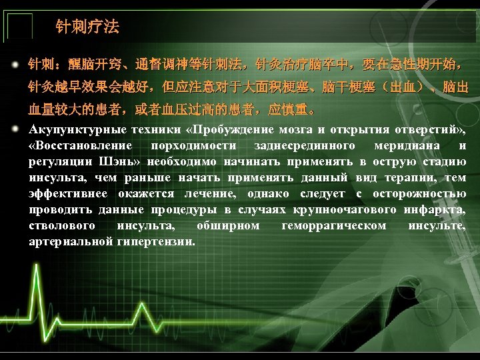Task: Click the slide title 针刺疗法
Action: pos(87,27)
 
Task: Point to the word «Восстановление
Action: pos(81,145)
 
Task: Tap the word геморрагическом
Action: pos(334,225)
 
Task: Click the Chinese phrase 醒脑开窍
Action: pos(89,66)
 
